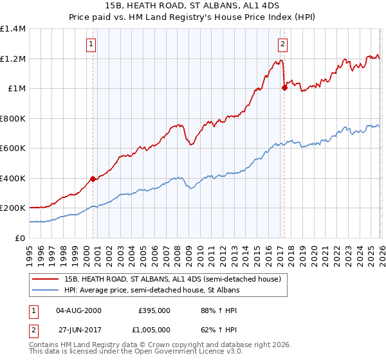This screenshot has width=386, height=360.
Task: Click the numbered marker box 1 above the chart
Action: [91, 44]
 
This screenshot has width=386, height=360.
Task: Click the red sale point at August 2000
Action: [93, 179]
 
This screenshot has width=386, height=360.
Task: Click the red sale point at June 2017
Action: [284, 88]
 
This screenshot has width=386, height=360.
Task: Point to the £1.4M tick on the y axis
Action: [13, 29]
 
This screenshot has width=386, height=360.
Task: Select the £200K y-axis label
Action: [13, 208]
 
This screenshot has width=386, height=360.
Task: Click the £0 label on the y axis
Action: [20, 238]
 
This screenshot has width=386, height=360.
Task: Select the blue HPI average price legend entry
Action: [151, 291]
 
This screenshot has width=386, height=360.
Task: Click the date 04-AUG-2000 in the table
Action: [78, 310]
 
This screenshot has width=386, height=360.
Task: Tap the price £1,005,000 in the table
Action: [154, 329]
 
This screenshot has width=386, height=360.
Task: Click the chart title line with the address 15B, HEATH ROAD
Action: [193, 7]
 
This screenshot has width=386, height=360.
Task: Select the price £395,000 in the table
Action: [154, 310]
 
